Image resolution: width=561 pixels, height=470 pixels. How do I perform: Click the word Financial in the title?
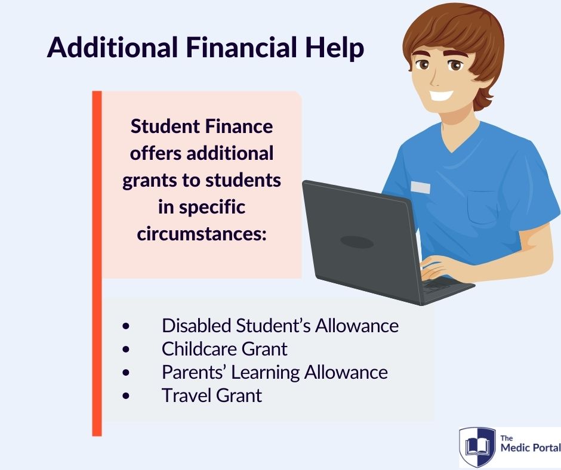coord(242,47)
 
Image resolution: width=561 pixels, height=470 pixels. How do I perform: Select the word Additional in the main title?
coord(112,47)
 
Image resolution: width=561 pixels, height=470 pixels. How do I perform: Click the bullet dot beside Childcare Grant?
coord(125,349)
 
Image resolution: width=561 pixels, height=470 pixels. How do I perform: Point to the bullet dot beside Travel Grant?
coord(125,395)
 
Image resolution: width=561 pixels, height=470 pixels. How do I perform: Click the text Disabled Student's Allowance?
coord(280,326)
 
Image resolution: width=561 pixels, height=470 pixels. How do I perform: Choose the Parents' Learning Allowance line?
coord(275,372)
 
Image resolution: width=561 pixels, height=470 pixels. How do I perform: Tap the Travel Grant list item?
coord(212,395)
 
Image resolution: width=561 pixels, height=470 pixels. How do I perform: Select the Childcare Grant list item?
coord(224,349)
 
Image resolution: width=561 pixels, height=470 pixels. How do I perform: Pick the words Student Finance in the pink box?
coord(202,126)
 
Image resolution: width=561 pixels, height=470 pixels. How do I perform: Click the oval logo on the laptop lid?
coord(357,242)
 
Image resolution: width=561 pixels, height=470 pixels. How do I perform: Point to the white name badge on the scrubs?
coord(420,187)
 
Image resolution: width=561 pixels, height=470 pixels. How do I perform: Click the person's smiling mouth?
coord(441,95)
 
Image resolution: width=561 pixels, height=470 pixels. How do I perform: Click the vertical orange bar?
coord(97,264)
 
